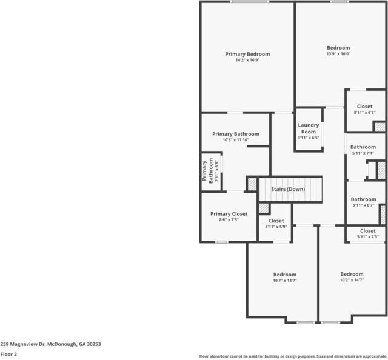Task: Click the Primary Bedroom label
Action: [x=247, y=54]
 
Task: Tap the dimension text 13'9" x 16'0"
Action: [x=338, y=54]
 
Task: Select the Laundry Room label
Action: [x=308, y=128]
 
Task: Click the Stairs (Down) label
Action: [x=288, y=189]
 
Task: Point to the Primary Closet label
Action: [x=229, y=214]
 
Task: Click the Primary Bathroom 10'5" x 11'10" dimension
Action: [x=235, y=140]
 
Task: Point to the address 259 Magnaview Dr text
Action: [x=50, y=344]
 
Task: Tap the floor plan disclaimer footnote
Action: [x=293, y=356]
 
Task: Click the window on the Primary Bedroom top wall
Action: [x=249, y=2]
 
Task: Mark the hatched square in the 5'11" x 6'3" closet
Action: [x=379, y=127]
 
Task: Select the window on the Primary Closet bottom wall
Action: [x=222, y=242]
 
